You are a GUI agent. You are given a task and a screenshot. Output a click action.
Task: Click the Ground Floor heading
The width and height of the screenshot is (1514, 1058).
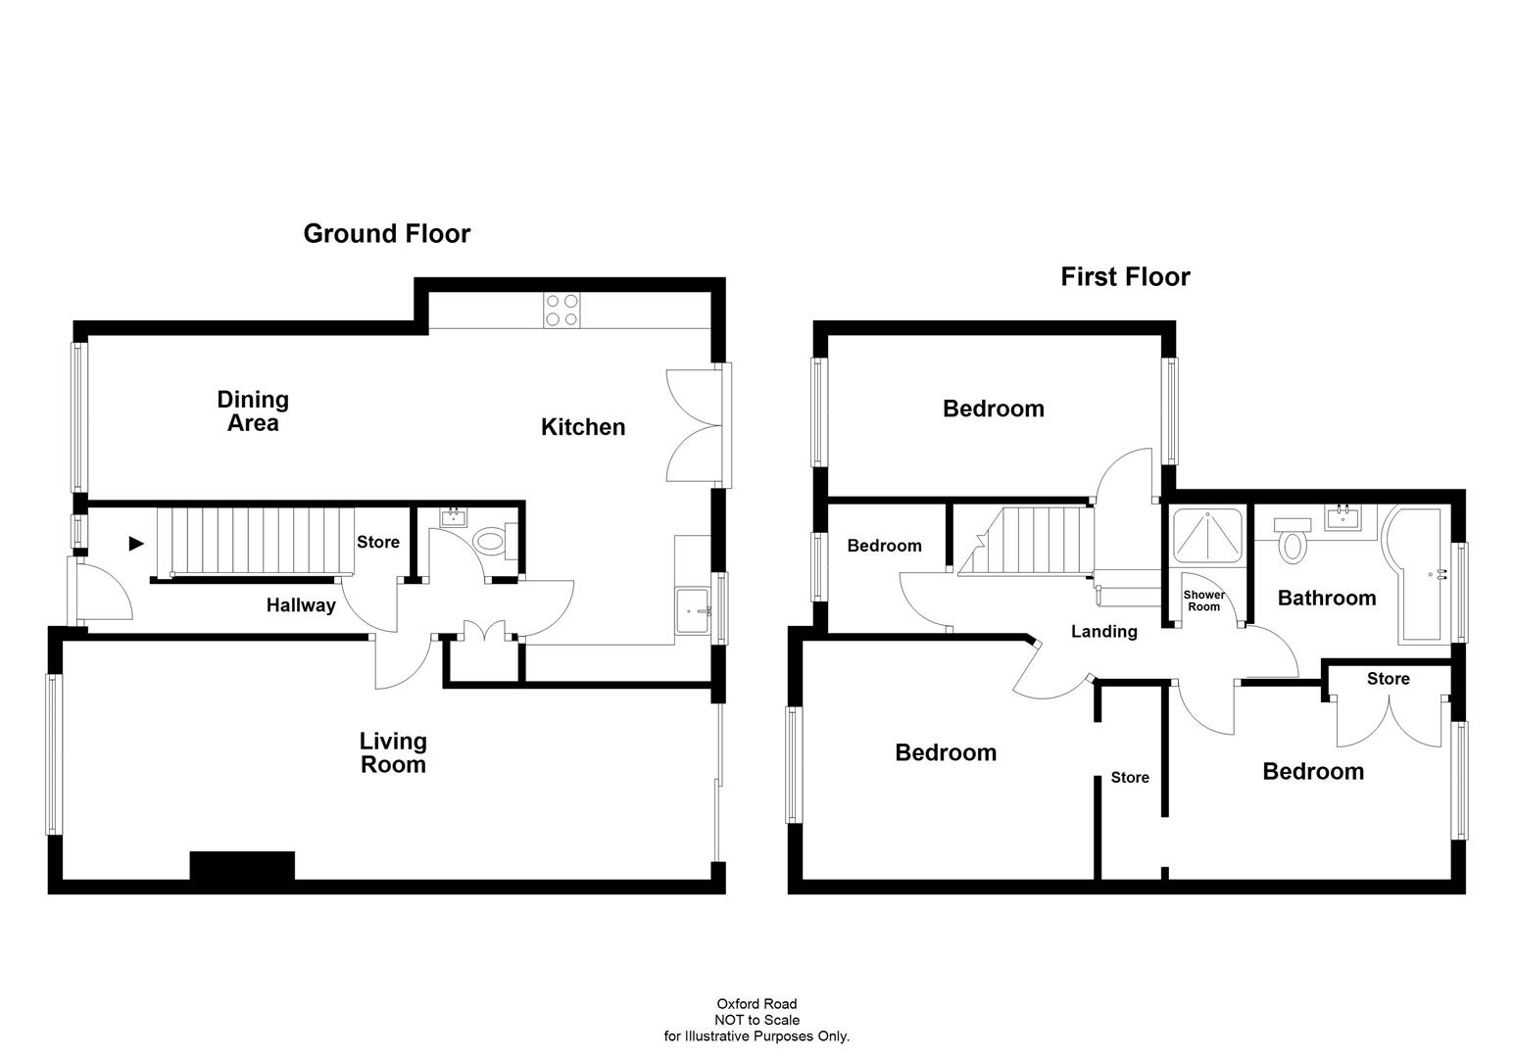(386, 233)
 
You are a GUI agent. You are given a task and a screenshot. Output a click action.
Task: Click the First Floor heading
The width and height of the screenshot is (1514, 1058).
(1125, 277)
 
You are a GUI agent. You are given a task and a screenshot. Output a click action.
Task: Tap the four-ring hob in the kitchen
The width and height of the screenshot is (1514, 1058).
(562, 310)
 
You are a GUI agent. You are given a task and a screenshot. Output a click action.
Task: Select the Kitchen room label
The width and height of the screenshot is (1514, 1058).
(583, 427)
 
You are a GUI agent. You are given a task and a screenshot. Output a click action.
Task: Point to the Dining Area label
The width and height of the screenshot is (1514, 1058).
(253, 411)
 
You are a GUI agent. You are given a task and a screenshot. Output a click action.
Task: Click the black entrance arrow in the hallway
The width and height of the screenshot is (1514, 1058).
(136, 544)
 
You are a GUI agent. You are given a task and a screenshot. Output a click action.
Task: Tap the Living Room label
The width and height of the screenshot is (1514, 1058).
(393, 753)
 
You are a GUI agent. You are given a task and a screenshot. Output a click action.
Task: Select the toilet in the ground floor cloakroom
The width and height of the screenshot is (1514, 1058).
(489, 541)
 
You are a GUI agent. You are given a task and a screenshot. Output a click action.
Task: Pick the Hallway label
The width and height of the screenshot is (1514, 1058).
(301, 605)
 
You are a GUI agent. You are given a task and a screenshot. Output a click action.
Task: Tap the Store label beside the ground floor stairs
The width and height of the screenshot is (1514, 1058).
(378, 542)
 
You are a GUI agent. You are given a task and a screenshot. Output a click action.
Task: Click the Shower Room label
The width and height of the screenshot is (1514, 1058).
(1203, 601)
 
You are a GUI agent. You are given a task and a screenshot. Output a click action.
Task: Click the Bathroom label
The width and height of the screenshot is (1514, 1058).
(1327, 598)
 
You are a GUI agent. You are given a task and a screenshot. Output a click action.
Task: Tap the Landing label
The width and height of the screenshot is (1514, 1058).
(1103, 632)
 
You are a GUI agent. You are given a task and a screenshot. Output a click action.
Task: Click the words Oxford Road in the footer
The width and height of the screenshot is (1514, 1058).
(757, 1004)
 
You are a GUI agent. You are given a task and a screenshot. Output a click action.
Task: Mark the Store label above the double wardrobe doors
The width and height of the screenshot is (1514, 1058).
(1388, 679)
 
